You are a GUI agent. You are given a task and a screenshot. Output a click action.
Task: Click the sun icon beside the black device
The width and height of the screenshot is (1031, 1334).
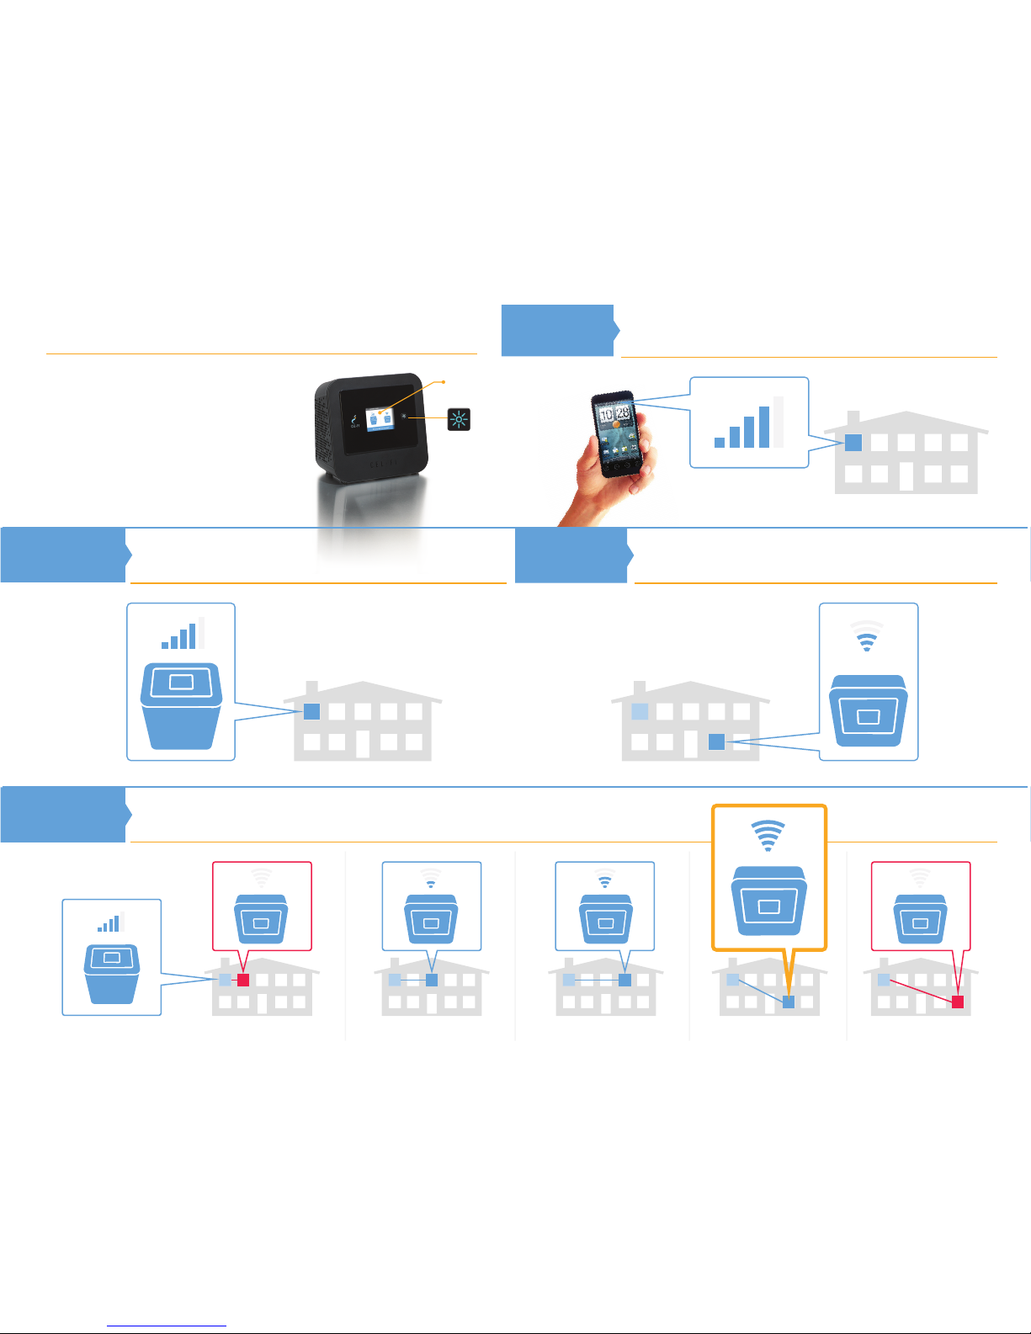click(x=459, y=419)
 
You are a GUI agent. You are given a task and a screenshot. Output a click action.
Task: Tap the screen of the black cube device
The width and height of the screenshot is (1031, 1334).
click(x=376, y=418)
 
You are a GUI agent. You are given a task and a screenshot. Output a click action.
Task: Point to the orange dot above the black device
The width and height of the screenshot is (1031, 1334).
click(x=444, y=382)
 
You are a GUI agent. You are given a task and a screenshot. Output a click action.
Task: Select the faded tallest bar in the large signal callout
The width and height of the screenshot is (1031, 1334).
click(x=779, y=422)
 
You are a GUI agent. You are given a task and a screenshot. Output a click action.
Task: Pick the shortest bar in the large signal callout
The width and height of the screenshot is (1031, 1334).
click(x=720, y=442)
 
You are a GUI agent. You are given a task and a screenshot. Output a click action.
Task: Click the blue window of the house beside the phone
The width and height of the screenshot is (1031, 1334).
click(x=853, y=443)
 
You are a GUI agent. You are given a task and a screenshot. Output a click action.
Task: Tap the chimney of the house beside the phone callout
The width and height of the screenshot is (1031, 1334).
click(x=853, y=419)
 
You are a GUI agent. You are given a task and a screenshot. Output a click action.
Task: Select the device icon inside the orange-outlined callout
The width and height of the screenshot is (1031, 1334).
click(x=769, y=901)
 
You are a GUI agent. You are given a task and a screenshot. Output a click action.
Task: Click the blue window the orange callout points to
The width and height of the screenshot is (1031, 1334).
click(x=789, y=1002)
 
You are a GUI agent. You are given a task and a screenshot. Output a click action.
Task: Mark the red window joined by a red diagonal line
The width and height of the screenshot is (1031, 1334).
click(x=958, y=1002)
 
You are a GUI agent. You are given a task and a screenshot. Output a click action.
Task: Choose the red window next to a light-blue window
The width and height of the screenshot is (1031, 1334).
click(x=243, y=981)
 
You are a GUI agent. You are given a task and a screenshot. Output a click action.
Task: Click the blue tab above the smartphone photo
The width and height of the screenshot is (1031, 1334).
click(x=558, y=330)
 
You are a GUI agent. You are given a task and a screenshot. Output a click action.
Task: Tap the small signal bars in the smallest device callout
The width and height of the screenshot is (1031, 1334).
click(x=110, y=922)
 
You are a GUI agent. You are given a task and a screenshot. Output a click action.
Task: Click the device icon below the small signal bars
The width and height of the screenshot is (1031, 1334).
click(x=111, y=972)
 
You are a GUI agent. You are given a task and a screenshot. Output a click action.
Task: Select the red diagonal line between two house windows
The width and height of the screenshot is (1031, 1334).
click(x=921, y=991)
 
